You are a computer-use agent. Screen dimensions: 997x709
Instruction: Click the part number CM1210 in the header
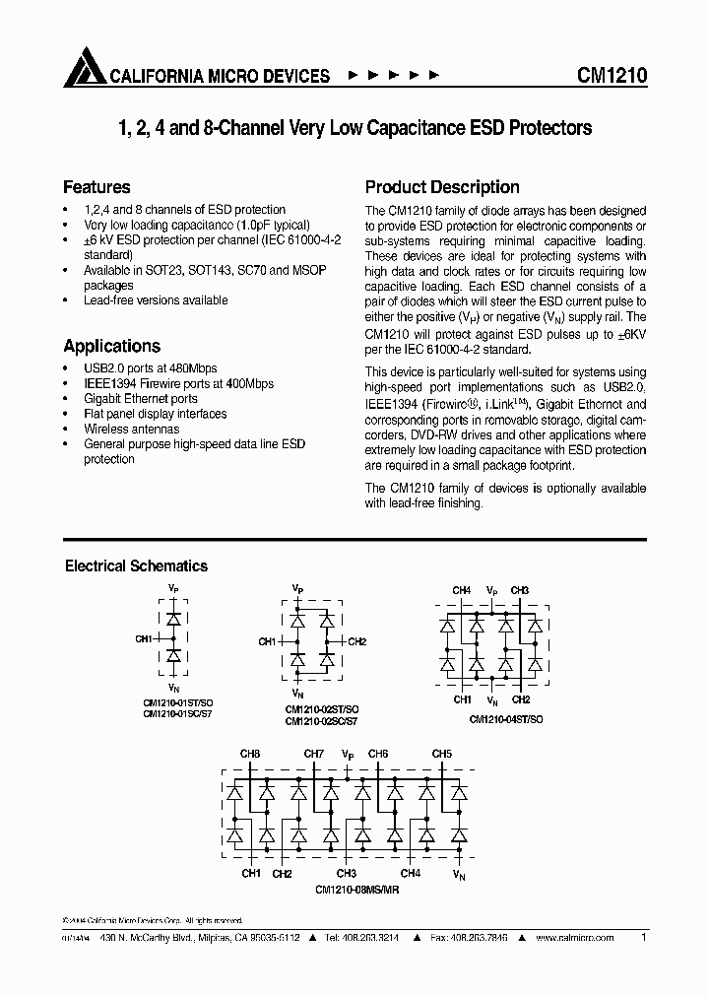tap(611, 75)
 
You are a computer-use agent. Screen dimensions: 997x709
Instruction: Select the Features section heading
tap(97, 187)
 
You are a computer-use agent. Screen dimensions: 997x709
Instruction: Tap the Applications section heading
tap(111, 346)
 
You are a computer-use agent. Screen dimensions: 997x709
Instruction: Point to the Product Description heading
tap(442, 187)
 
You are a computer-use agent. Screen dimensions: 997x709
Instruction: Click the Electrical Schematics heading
tap(136, 565)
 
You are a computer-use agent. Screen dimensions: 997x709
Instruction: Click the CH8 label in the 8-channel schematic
tap(250, 755)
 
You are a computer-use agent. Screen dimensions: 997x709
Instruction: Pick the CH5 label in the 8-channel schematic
tap(441, 755)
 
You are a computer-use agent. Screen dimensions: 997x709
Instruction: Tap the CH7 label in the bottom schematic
tap(313, 755)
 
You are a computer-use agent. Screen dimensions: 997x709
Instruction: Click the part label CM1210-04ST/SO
tap(505, 719)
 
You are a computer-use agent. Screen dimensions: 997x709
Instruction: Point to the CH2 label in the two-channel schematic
tap(356, 642)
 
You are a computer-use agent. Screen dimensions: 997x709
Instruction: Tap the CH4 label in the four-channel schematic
tap(461, 590)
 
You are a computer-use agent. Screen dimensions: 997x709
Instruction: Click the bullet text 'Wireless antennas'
tap(132, 430)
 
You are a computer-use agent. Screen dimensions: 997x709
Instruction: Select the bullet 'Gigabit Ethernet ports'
tap(141, 399)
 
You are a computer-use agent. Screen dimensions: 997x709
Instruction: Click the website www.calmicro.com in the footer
tap(575, 938)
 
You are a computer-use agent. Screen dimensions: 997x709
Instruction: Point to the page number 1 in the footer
tap(643, 938)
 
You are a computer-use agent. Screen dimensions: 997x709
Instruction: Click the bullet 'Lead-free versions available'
tap(156, 299)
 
